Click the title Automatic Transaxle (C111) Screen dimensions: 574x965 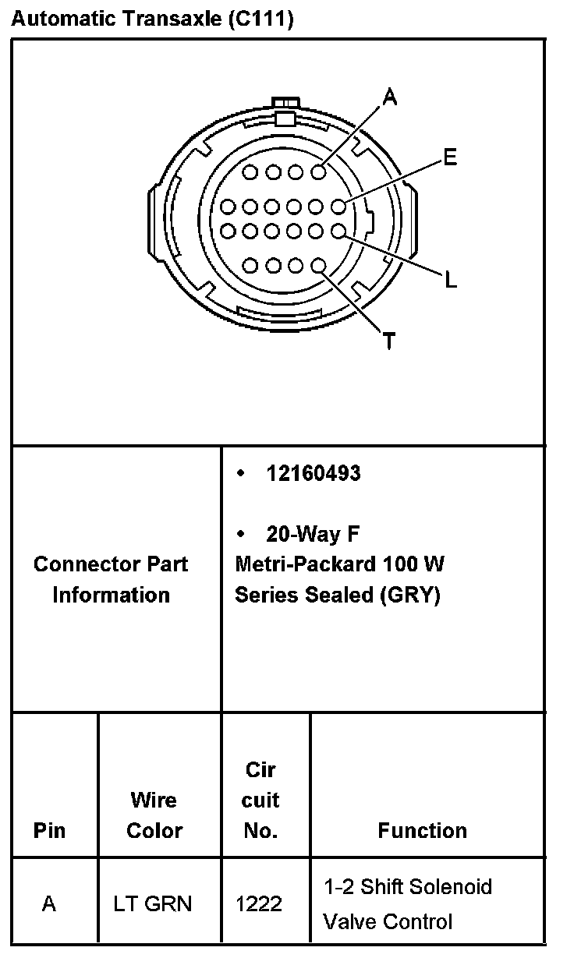(152, 19)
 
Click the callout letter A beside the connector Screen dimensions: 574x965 (390, 97)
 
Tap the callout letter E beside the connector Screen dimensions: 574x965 (450, 158)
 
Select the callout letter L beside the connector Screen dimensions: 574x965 (451, 279)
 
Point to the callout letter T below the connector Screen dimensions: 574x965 (388, 341)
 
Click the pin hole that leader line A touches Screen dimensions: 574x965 (318, 172)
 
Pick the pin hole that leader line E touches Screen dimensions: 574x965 (338, 207)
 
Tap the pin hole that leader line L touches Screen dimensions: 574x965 (338, 231)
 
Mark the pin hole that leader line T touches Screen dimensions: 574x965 (318, 267)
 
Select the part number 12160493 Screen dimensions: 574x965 (314, 473)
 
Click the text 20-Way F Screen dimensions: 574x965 (312, 534)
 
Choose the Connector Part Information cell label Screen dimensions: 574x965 (111, 579)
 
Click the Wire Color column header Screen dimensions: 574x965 (154, 815)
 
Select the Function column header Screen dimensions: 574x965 (422, 831)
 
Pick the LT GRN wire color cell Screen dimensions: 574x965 (153, 904)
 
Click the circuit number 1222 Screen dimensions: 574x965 (259, 904)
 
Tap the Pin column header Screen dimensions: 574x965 (49, 831)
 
